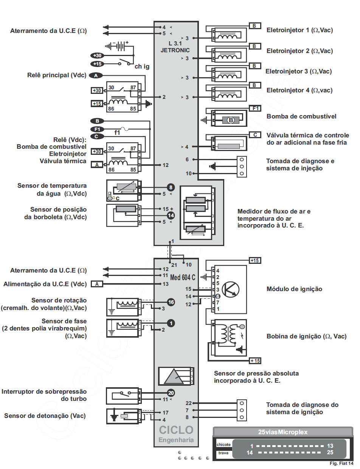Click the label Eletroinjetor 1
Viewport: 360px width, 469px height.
pyautogui.click(x=299, y=30)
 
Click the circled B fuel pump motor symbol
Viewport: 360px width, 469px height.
pyautogui.click(x=231, y=120)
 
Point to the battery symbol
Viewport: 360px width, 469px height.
pyautogui.click(x=119, y=46)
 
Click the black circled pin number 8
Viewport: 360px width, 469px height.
pyautogui.click(x=171, y=187)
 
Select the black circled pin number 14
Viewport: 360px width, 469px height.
pyautogui.click(x=171, y=215)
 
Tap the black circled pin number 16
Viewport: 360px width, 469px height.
pyautogui.click(x=171, y=302)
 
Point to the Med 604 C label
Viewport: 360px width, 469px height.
pyautogui.click(x=183, y=277)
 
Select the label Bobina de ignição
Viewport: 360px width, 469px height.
pyautogui.click(x=306, y=336)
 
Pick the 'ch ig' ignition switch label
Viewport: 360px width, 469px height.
pyautogui.click(x=142, y=67)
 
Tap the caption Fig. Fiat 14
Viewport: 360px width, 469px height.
pyautogui.click(x=341, y=463)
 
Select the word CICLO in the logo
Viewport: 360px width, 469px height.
pyautogui.click(x=176, y=430)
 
